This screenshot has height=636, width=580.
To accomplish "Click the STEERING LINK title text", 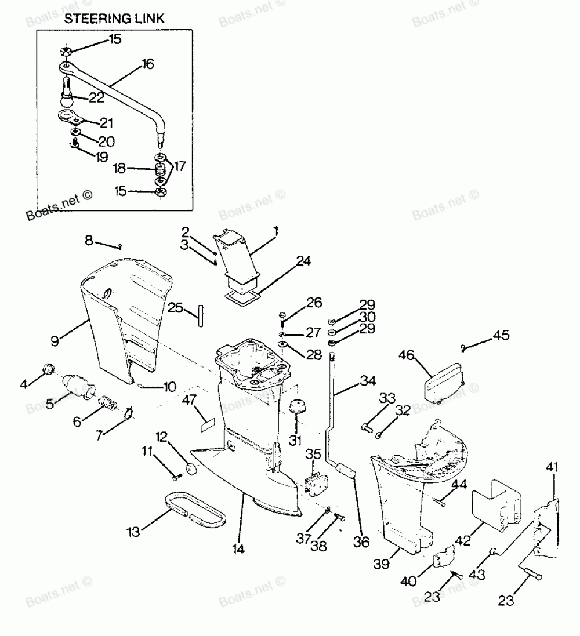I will coord(114,19).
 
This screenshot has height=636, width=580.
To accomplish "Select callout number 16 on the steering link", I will coord(147,64).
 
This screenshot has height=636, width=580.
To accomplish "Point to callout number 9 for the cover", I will coord(55,341).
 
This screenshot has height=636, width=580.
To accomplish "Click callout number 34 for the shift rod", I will coord(368,381).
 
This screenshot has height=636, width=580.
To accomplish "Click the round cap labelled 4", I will coord(48,369).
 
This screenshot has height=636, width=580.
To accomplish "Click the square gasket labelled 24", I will coord(244,299).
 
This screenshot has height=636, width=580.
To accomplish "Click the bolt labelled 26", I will coord(282,317).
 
